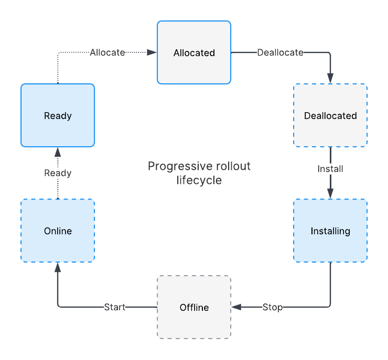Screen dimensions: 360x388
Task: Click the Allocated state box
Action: click(x=194, y=52)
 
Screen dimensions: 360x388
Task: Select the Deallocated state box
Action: click(x=330, y=115)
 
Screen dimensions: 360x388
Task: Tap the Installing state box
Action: click(x=330, y=231)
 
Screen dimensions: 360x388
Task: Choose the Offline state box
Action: click(x=194, y=307)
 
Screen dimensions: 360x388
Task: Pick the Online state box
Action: click(x=58, y=231)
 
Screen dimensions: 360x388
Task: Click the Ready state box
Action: click(x=58, y=115)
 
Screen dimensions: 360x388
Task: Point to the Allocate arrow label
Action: click(x=107, y=52)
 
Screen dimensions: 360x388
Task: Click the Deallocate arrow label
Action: click(x=280, y=52)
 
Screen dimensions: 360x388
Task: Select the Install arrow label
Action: click(x=330, y=169)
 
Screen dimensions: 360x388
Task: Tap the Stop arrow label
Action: click(x=272, y=307)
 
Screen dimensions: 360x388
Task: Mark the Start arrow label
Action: click(x=115, y=307)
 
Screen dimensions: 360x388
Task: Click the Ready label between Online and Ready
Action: click(x=58, y=173)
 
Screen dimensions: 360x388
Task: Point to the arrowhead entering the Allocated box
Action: click(x=152, y=52)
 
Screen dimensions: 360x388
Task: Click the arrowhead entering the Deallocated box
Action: click(x=330, y=79)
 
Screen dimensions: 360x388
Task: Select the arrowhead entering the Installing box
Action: click(x=330, y=194)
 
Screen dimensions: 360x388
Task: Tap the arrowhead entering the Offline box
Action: click(x=236, y=307)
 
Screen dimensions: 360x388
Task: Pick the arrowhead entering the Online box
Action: click(x=58, y=267)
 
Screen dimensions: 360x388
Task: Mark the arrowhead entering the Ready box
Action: click(x=58, y=152)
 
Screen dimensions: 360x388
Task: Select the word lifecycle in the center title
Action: click(x=199, y=180)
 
